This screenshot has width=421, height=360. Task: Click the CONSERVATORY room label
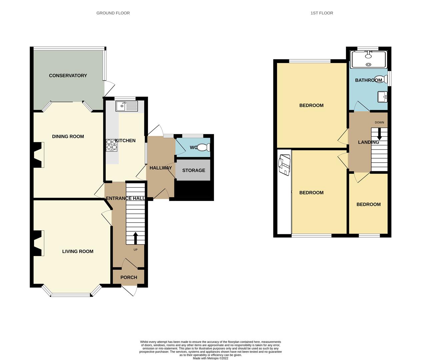click(68, 76)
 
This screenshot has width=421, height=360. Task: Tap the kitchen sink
click(127, 106)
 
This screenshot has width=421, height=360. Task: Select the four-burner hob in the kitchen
click(112, 145)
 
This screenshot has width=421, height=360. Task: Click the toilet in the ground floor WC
click(204, 147)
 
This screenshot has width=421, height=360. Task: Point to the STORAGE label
click(193, 170)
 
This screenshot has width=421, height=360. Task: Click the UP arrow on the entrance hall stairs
click(135, 238)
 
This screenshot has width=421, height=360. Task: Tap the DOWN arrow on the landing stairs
click(379, 134)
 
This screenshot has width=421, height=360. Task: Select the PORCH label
click(129, 277)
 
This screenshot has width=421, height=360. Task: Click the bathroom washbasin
click(382, 97)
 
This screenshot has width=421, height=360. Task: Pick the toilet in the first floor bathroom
click(381, 79)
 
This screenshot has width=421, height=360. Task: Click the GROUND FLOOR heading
click(113, 13)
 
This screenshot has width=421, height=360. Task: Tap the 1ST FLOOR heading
click(322, 13)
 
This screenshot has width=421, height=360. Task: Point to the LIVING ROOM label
click(78, 251)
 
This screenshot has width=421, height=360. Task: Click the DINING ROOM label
click(68, 137)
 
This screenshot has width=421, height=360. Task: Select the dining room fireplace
click(39, 155)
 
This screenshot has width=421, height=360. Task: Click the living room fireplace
click(39, 243)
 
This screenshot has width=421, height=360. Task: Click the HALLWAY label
click(161, 168)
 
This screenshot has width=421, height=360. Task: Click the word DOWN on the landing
click(379, 122)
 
